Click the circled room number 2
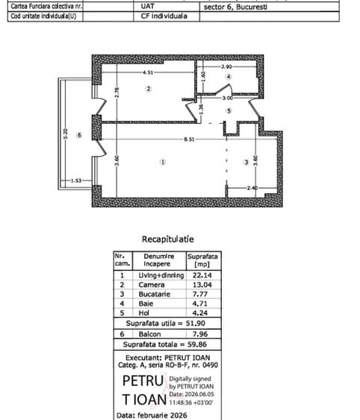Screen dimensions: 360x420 (149, 89)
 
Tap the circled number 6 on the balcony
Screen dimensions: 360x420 (79, 135)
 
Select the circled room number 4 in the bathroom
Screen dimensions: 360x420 (229, 77)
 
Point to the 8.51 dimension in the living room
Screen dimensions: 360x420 (189, 140)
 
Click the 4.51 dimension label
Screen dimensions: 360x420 (148, 72)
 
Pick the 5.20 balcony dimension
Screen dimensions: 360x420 (66, 134)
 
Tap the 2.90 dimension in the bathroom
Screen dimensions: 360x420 (226, 66)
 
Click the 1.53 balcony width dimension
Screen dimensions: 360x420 (76, 181)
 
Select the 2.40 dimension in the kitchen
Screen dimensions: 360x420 (252, 188)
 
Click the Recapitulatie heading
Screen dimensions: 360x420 (168, 239)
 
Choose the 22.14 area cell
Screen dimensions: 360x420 (202, 275)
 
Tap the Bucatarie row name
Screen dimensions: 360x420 (155, 294)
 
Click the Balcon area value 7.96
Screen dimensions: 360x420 (200, 334)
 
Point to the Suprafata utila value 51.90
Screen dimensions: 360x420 (196, 323)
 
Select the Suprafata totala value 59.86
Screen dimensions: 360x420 (197, 345)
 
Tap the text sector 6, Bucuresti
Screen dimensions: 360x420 (235, 7)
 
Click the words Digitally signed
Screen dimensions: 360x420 (190, 379)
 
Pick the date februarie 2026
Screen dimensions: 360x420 (162, 416)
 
